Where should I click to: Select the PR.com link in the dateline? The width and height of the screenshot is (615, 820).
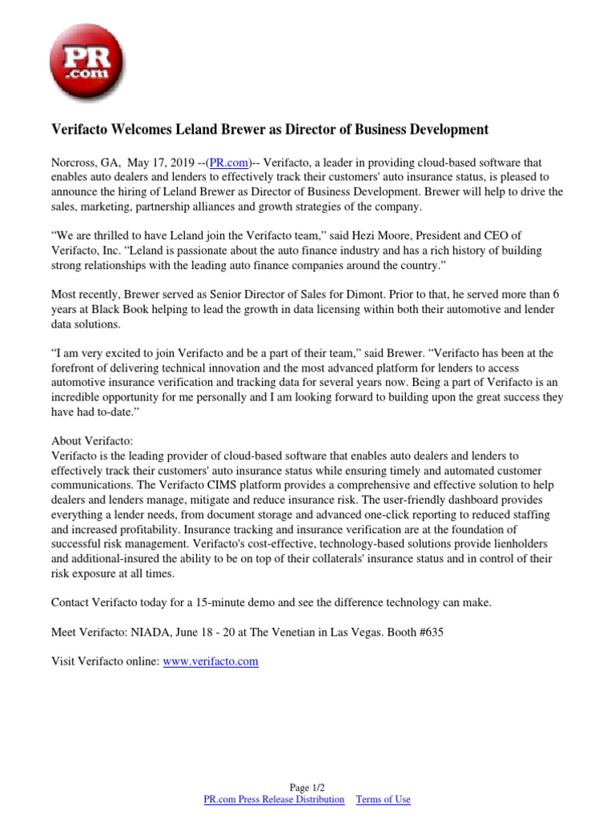(227, 161)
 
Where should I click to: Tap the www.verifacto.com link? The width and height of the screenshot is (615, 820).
(211, 662)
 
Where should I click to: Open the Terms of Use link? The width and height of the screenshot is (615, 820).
(383, 799)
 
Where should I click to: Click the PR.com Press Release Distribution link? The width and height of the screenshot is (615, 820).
(274, 799)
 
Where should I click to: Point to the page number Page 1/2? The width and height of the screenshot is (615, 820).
(307, 787)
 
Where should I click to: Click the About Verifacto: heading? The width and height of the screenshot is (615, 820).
(92, 441)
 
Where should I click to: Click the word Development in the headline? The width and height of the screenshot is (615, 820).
(436, 129)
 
